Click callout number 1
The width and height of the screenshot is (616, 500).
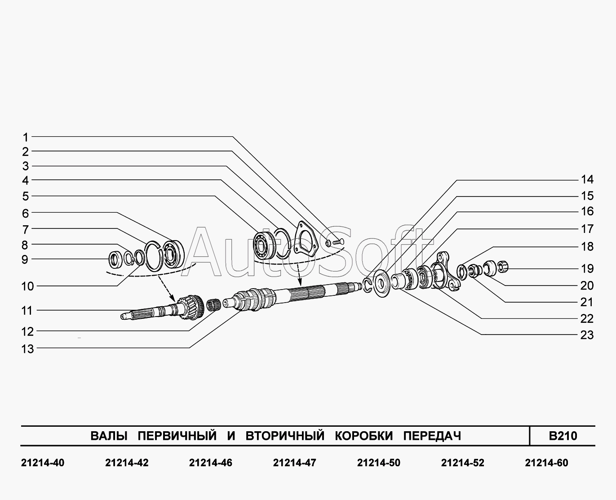click(26, 138)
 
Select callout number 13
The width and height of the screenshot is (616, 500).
click(28, 349)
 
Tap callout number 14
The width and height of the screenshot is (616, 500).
click(587, 180)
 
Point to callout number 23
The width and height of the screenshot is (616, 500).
click(587, 335)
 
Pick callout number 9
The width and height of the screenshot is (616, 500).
click(25, 259)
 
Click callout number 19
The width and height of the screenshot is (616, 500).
click(587, 269)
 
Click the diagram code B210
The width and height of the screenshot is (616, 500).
click(563, 436)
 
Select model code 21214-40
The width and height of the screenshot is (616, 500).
click(43, 463)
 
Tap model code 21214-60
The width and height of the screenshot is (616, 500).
click(547, 463)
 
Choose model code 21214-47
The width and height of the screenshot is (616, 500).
click(295, 463)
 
